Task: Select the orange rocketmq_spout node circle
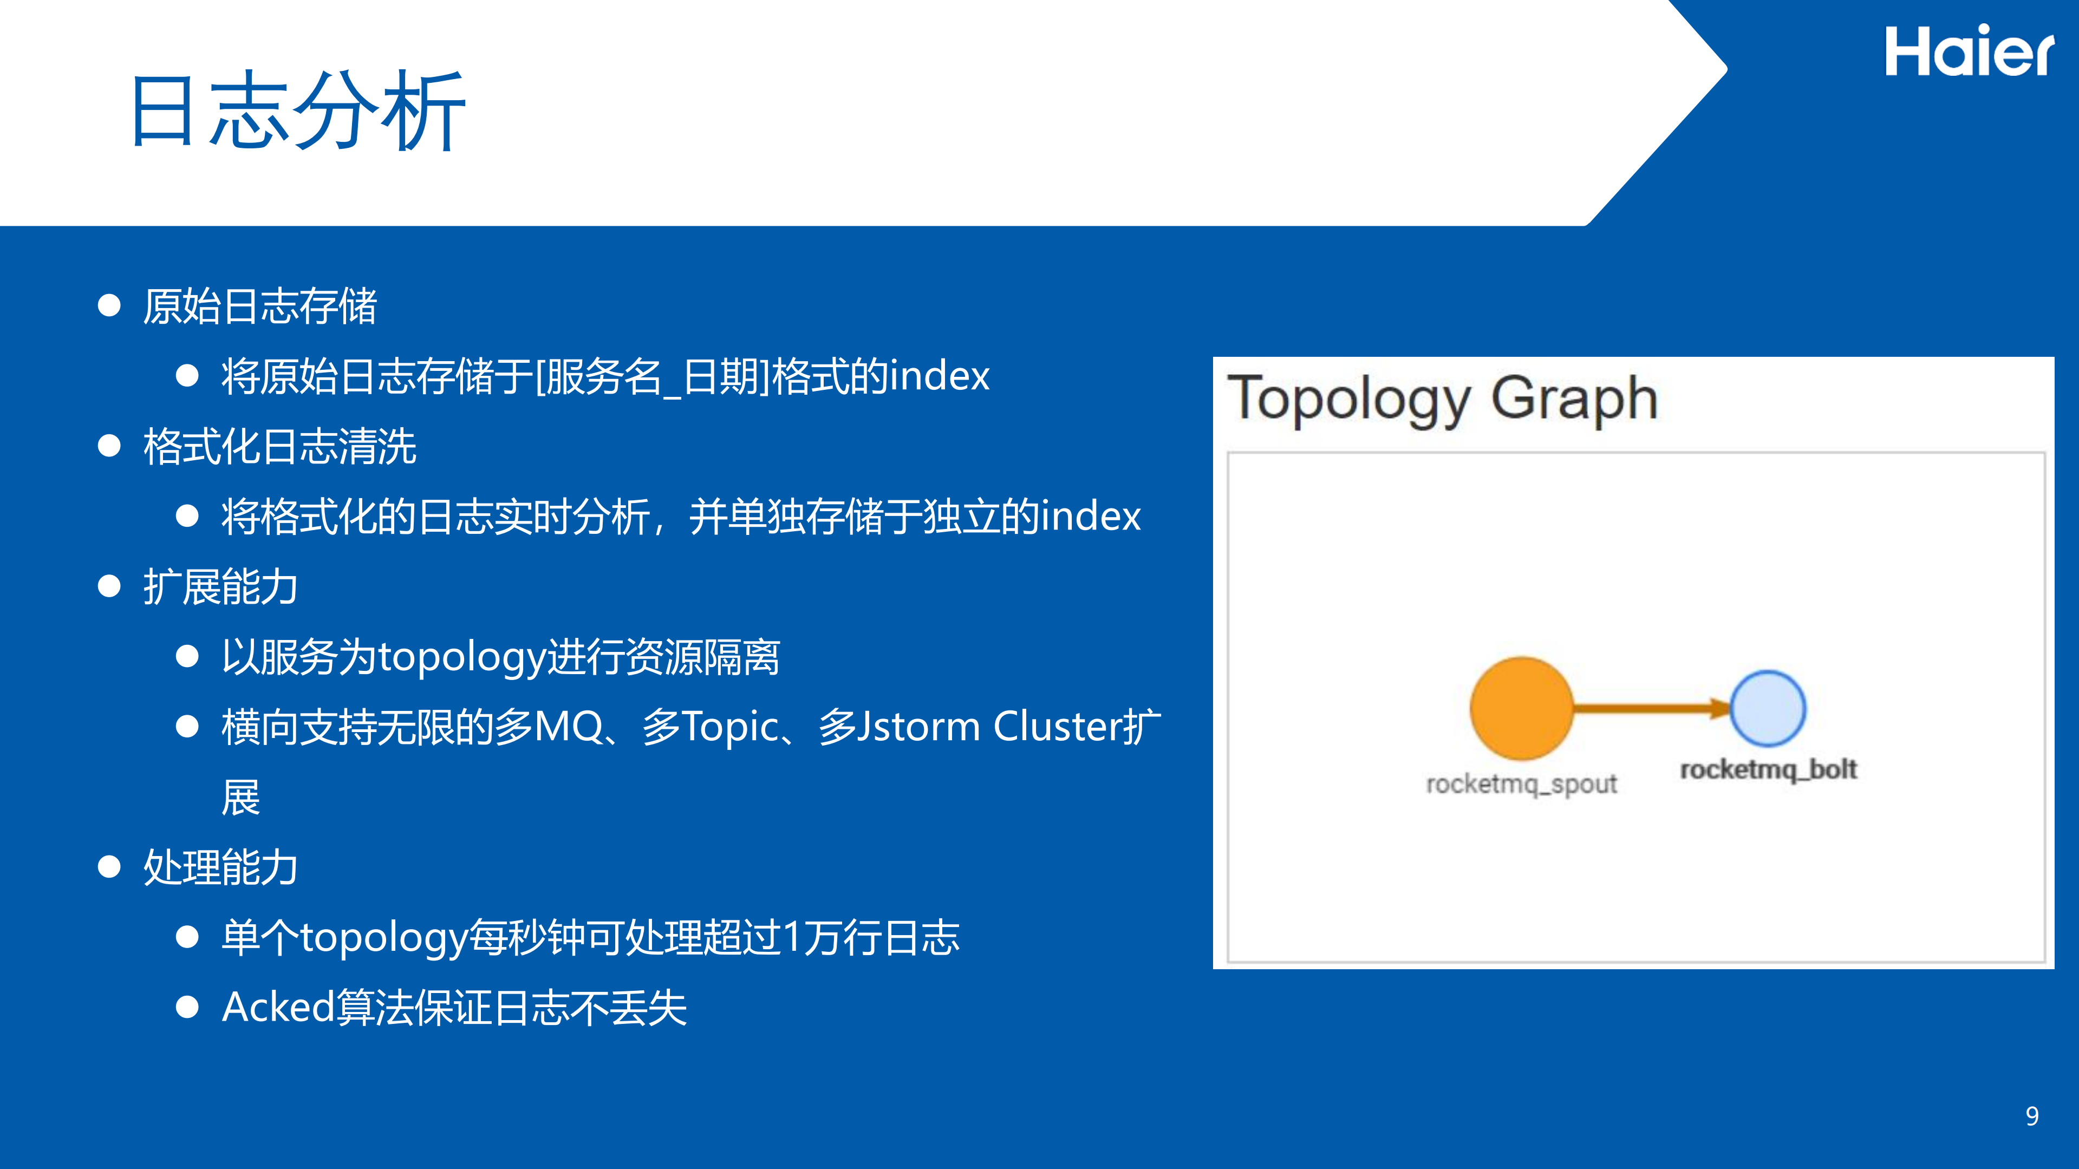point(1521,708)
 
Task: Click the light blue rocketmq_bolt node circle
point(1768,708)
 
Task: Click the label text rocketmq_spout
point(1521,783)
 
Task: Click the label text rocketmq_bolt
point(1768,769)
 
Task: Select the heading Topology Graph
point(1442,399)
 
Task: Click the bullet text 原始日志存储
point(260,306)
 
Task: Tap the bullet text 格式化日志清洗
point(279,446)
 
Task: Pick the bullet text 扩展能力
point(220,586)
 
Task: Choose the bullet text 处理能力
point(220,867)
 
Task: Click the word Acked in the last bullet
point(278,1007)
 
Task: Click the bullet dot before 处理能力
point(109,867)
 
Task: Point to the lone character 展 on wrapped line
point(240,797)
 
